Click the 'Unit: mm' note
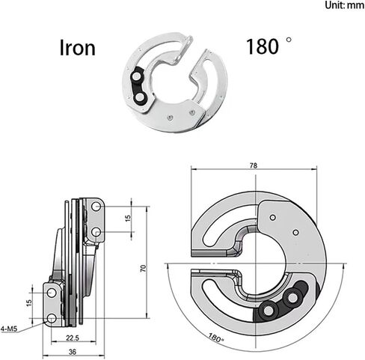coord(344,5)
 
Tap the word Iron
coord(78,48)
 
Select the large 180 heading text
coord(263,46)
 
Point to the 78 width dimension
coord(254,165)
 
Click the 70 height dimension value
coord(143,269)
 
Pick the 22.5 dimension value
coord(73,338)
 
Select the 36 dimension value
coord(73,352)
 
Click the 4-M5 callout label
coord(9,329)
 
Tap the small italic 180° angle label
coord(216,338)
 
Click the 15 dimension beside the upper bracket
coord(128,218)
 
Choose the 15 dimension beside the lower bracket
coord(29,303)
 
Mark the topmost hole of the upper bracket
coord(96,207)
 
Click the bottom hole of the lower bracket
coord(52,318)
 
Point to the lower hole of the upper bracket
coord(96,232)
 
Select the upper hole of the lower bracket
coord(52,293)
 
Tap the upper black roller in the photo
coord(136,76)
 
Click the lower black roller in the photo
coord(140,97)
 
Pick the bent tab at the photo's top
coord(184,50)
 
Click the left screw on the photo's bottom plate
coord(170,118)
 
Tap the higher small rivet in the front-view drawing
coord(273,217)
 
